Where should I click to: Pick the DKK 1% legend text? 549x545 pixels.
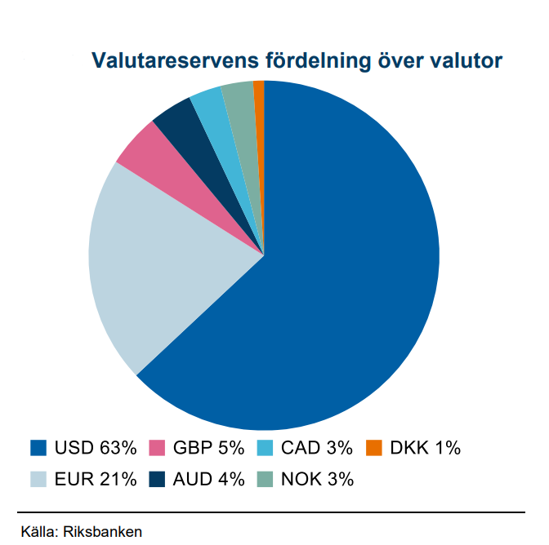coord(425,448)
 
